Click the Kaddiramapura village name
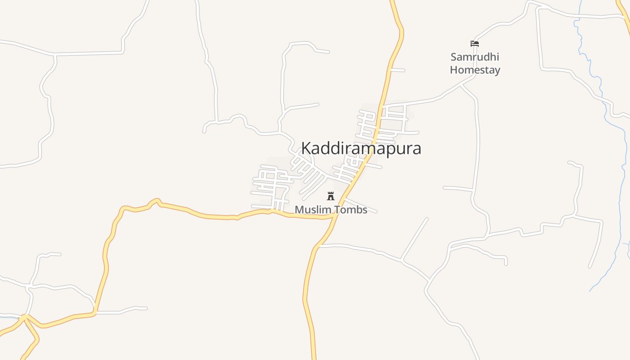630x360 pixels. point(361,148)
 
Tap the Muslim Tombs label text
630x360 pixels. point(331,210)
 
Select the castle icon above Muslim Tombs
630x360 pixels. point(331,196)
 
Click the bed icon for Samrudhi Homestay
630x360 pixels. point(475,44)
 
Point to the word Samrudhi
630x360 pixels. point(475,57)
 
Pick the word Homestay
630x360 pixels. point(475,70)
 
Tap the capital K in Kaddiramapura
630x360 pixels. point(306,148)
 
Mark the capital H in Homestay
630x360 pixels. point(454,70)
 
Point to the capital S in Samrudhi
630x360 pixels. point(454,57)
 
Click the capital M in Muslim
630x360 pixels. point(299,210)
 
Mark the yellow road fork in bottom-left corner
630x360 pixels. point(25,318)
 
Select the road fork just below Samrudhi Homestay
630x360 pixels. point(461,84)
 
